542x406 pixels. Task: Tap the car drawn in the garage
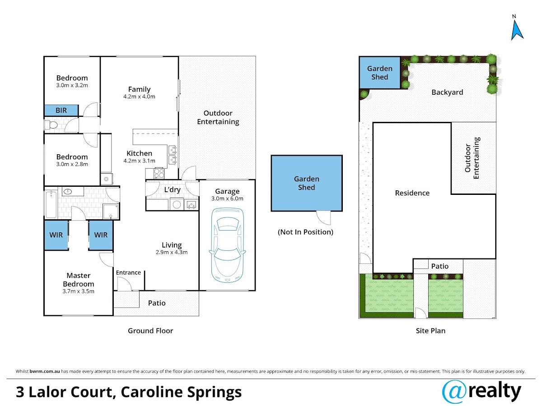(x=228, y=245)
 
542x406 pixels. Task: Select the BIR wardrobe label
(x=61, y=110)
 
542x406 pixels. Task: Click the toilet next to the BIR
(x=51, y=125)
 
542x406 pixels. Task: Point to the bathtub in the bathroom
(x=51, y=204)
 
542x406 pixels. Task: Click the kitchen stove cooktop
(x=159, y=173)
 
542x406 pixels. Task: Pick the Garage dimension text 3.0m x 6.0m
(x=227, y=198)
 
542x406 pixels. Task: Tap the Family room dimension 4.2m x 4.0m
(x=139, y=97)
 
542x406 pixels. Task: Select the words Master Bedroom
(x=79, y=280)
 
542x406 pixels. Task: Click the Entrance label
(x=128, y=272)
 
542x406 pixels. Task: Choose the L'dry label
(x=173, y=189)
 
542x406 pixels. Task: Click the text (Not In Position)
(x=305, y=232)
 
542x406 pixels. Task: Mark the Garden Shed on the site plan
(x=380, y=73)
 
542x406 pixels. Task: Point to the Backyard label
(x=447, y=92)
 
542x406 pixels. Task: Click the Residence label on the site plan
(x=412, y=193)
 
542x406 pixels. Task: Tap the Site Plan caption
(x=430, y=331)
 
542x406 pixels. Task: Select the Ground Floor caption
(x=150, y=331)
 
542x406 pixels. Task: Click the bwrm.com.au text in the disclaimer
(x=45, y=371)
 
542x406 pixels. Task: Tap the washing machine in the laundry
(x=177, y=204)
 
